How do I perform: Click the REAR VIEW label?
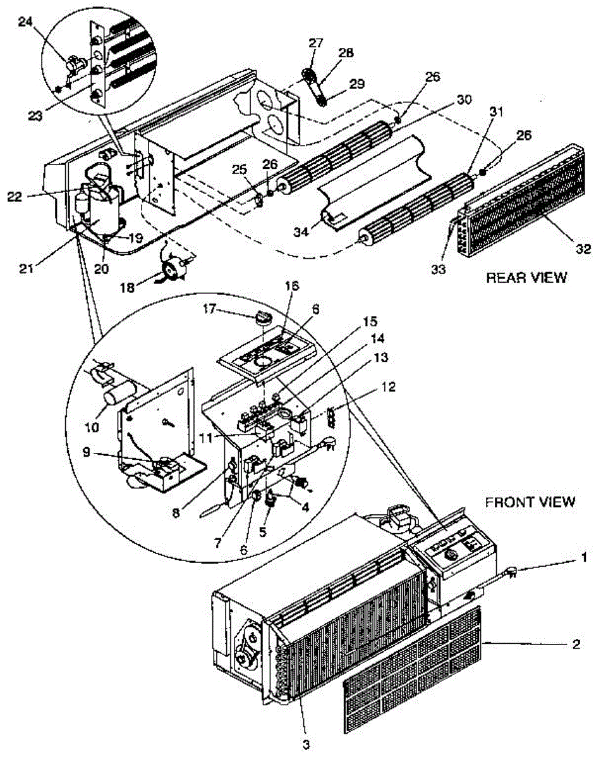pyautogui.click(x=526, y=278)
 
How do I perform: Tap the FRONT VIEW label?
pyautogui.click(x=530, y=502)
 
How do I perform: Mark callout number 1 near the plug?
pyautogui.click(x=584, y=557)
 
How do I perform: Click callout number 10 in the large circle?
pyautogui.click(x=93, y=427)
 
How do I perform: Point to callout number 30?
pyautogui.click(x=464, y=99)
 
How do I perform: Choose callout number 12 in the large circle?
pyautogui.click(x=387, y=387)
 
